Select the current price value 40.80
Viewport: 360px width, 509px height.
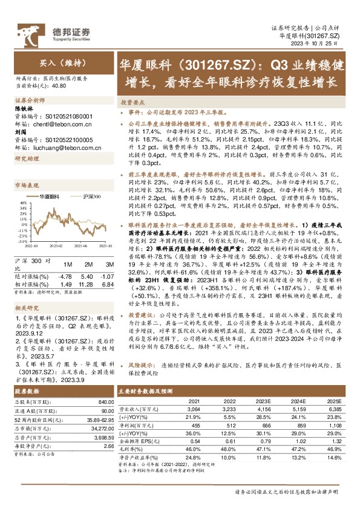[x=60, y=86]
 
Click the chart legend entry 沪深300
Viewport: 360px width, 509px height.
[x=93, y=196]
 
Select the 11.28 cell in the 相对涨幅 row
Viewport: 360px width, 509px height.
[x=88, y=284]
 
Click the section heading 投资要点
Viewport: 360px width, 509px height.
[x=133, y=103]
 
